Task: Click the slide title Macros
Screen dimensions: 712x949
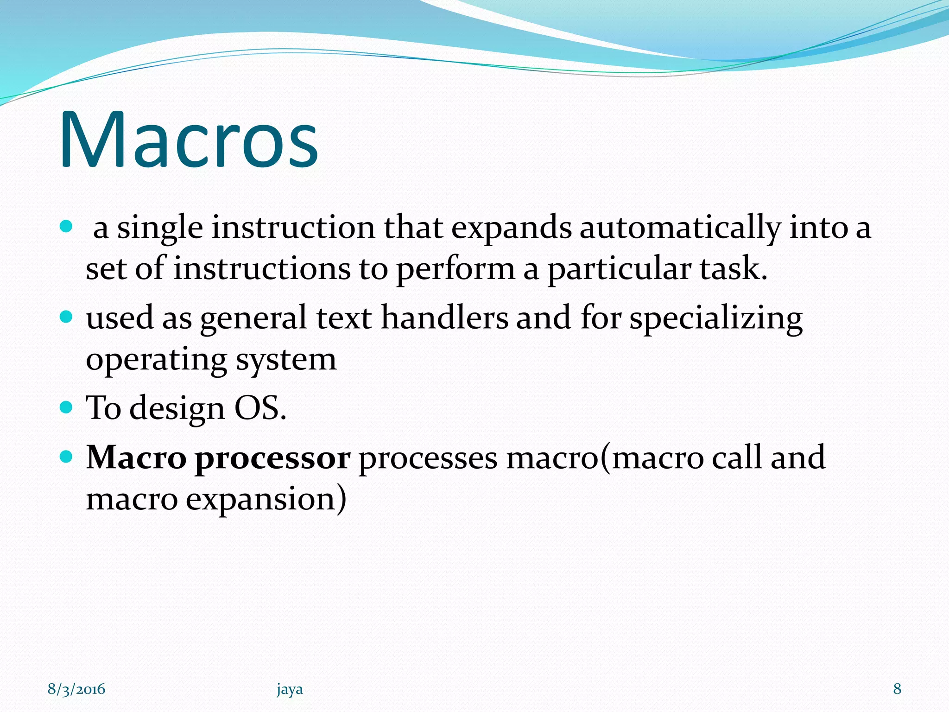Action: [189, 139]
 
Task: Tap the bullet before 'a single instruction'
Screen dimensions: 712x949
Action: [67, 227]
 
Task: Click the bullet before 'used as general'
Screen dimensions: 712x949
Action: [67, 317]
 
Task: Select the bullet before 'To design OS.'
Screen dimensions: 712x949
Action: [67, 407]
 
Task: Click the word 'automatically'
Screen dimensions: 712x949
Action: [680, 228]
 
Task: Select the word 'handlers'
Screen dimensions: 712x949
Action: [444, 318]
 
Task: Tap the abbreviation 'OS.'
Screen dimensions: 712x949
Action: [260, 408]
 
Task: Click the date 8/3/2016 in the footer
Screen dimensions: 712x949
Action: [76, 689]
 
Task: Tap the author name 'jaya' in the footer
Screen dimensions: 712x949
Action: [290, 690]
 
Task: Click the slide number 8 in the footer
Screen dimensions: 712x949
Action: [897, 689]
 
